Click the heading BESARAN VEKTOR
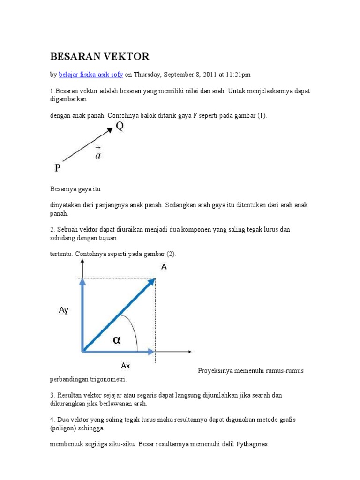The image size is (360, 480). click(99, 57)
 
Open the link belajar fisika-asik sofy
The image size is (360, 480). click(90, 75)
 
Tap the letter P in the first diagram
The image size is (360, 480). click(57, 168)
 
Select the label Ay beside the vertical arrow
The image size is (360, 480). click(64, 310)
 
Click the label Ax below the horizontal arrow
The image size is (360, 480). click(125, 365)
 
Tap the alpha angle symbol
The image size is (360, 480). click(116, 340)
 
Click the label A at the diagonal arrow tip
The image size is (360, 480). click(164, 266)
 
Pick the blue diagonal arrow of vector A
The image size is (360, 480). click(118, 315)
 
